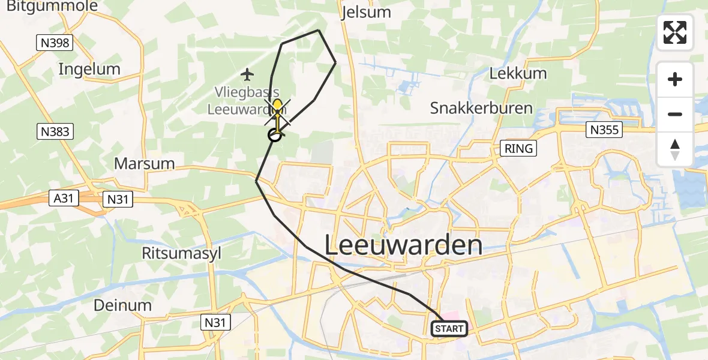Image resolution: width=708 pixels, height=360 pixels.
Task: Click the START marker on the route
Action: click(x=449, y=328)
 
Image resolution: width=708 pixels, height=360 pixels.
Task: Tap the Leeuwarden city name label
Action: click(x=404, y=245)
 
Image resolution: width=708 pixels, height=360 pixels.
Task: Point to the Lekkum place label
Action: click(x=518, y=74)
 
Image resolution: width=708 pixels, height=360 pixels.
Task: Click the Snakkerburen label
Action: click(x=481, y=108)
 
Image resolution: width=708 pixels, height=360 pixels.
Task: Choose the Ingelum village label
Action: click(x=89, y=69)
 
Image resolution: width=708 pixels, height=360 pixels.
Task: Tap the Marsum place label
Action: click(x=144, y=163)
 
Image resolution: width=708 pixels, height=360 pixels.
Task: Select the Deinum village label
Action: click(x=122, y=305)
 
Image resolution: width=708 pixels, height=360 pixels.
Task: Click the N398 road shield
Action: click(x=54, y=43)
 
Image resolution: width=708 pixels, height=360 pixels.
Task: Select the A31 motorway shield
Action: click(x=63, y=199)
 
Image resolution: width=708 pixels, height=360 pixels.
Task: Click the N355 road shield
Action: click(x=604, y=129)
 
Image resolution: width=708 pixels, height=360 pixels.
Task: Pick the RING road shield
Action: click(x=518, y=148)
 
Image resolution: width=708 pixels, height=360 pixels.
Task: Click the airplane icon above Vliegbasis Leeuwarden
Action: click(x=247, y=74)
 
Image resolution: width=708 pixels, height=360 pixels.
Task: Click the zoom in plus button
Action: click(x=675, y=79)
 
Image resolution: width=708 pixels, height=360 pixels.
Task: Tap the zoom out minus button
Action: click(x=675, y=114)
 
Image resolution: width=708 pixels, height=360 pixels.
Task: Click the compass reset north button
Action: click(x=675, y=149)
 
